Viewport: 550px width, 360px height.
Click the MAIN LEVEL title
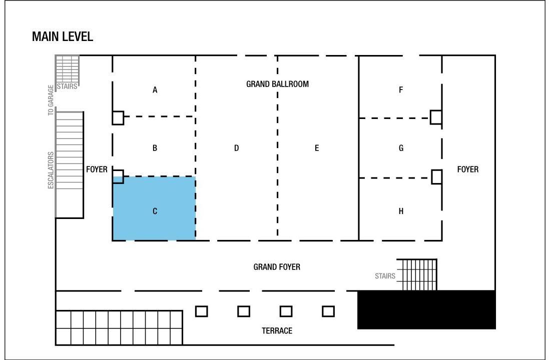[x=63, y=36]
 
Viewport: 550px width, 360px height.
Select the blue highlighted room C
[x=154, y=208]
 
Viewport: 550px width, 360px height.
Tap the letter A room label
[x=155, y=90]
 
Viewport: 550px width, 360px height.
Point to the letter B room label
[x=155, y=148]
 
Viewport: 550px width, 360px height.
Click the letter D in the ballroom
[x=236, y=148]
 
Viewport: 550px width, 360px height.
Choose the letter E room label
[x=317, y=148]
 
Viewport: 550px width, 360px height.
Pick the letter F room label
[x=401, y=90]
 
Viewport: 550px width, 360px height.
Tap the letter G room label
[x=401, y=148]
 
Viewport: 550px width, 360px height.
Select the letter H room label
[x=401, y=211]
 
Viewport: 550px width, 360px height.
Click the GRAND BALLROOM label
[x=277, y=84]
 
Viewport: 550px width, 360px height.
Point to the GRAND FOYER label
[x=277, y=267]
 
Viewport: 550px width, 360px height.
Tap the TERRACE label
[x=277, y=331]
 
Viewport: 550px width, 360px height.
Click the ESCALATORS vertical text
[x=51, y=170]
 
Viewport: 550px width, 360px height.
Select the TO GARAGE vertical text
[x=51, y=100]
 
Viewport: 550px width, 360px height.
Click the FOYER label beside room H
[x=468, y=169]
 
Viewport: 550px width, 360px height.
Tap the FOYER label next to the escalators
[x=97, y=169]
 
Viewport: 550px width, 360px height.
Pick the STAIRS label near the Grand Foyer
[x=385, y=276]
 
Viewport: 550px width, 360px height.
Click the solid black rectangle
[x=426, y=309]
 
